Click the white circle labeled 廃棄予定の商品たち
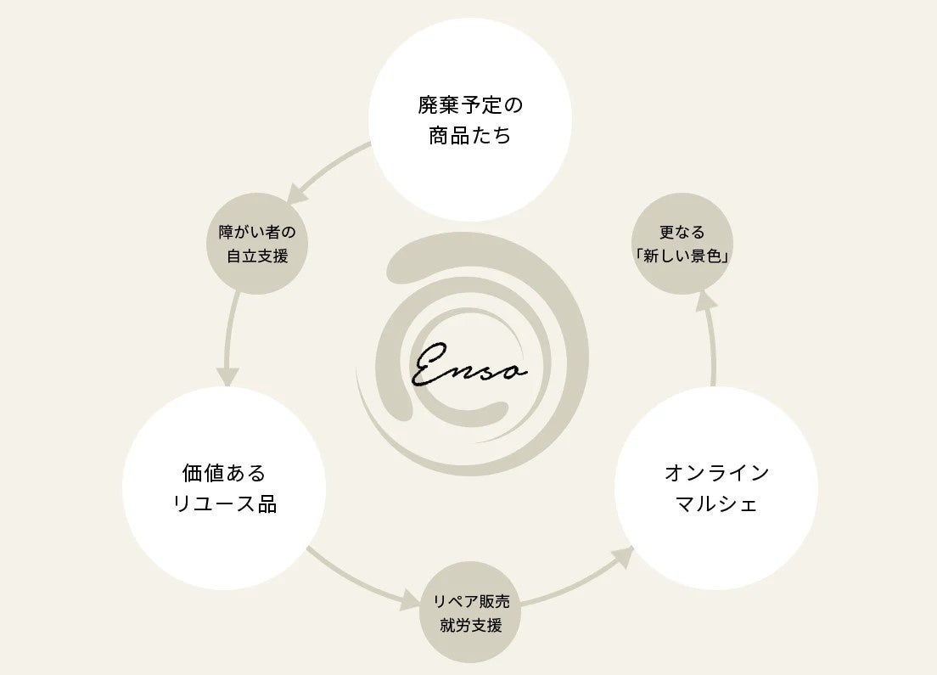coord(469,120)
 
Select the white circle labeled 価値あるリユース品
coord(224,487)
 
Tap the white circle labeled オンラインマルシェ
coord(715,487)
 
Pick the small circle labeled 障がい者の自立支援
coord(257,244)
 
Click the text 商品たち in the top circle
coord(469,136)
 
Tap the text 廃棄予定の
coord(469,105)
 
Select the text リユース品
coord(224,503)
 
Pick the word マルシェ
coord(715,503)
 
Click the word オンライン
coord(715,472)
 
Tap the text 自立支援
coord(257,256)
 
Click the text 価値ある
coord(224,472)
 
